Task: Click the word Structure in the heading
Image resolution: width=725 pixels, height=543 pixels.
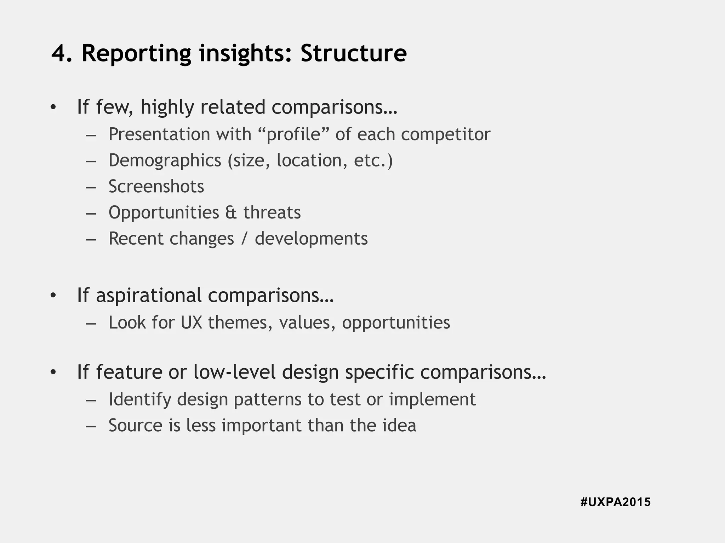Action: coord(354,54)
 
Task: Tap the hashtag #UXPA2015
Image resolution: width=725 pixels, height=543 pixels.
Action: coord(615,502)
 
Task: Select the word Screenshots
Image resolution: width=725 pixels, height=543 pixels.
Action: coord(156,186)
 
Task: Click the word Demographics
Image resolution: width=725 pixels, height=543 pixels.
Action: coord(165,160)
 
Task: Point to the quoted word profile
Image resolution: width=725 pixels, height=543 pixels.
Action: coord(293,134)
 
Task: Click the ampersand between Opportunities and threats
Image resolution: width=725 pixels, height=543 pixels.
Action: coord(231,212)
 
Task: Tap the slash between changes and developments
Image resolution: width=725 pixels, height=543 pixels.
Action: coord(244,239)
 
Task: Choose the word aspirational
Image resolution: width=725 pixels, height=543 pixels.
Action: coord(149,296)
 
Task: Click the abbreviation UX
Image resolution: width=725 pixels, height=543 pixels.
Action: coord(191,322)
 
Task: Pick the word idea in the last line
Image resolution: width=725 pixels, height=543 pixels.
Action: coord(399,425)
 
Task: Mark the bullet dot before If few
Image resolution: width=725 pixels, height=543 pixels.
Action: coord(53,107)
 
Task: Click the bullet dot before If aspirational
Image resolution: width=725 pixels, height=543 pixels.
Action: coord(53,296)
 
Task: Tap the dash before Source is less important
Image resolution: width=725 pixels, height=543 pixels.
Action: coord(91,426)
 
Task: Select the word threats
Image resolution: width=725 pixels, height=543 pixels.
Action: coord(272,212)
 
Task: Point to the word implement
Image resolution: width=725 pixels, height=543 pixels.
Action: coord(432,399)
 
